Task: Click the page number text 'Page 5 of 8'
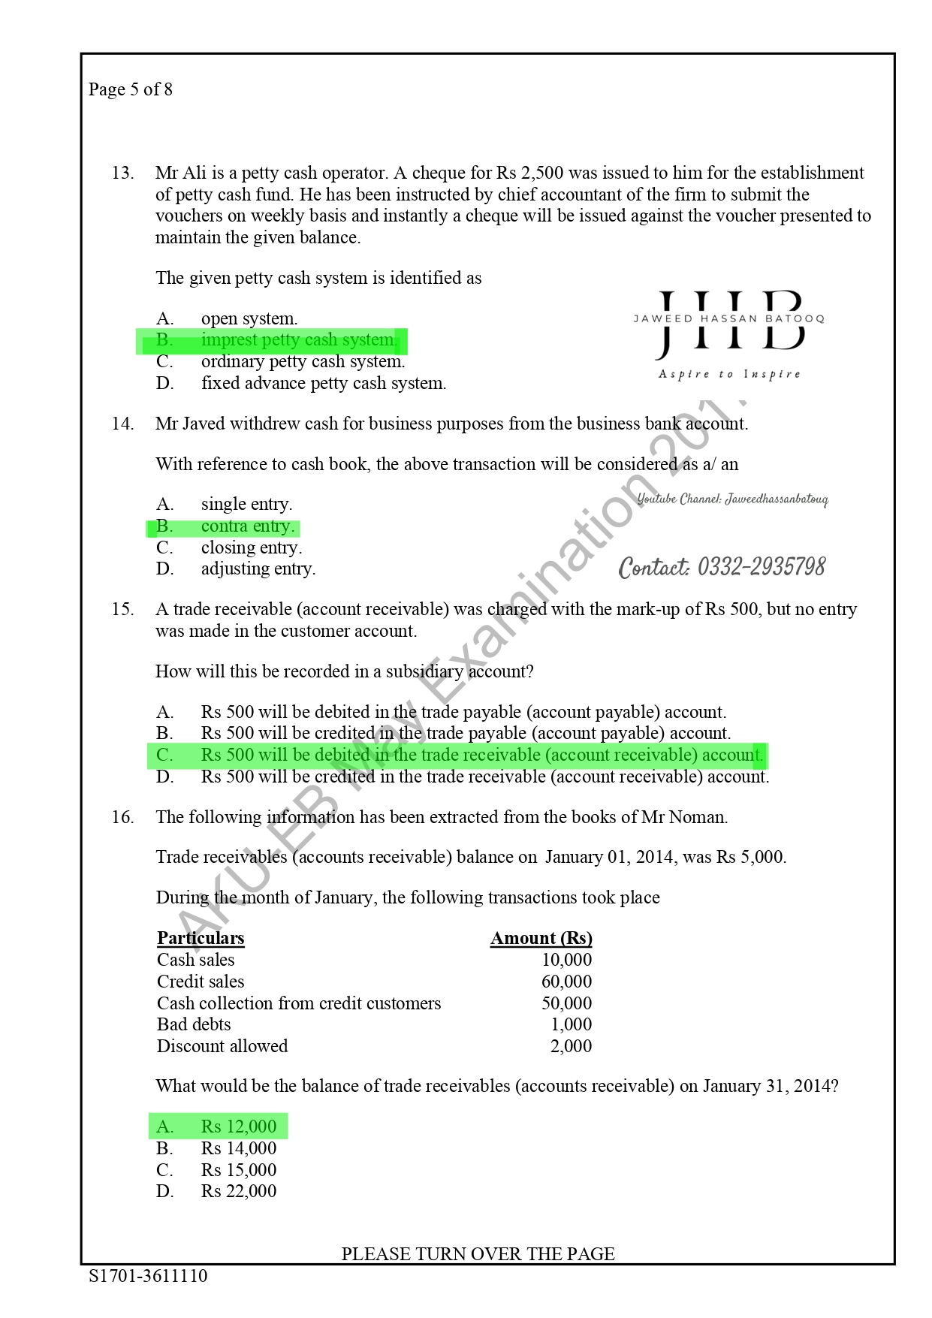click(x=131, y=89)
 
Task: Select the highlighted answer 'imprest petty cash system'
click(x=298, y=340)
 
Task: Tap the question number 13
click(x=122, y=173)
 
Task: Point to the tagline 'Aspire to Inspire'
click(x=729, y=374)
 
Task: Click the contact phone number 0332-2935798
click(x=722, y=567)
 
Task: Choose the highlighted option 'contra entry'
click(x=247, y=526)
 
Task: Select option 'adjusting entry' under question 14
click(x=258, y=569)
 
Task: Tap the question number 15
click(x=122, y=609)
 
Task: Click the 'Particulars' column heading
click(x=201, y=938)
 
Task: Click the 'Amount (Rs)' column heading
click(x=541, y=938)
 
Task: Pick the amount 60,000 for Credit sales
click(x=566, y=982)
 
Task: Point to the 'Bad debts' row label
click(x=194, y=1024)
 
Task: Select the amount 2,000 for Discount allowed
click(x=571, y=1046)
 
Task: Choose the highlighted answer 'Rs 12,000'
click(x=238, y=1126)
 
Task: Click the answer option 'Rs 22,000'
click(x=238, y=1191)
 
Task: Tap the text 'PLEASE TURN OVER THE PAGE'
click(x=478, y=1253)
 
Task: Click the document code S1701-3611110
click(x=148, y=1276)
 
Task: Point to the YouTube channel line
click(x=732, y=499)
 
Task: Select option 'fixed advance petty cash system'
click(x=323, y=384)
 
